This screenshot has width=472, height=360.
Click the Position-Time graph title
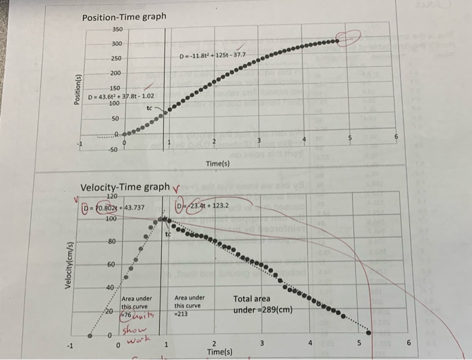coord(123,16)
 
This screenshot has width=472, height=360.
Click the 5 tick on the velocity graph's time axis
coord(359,342)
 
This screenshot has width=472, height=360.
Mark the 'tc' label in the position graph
coord(150,107)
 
